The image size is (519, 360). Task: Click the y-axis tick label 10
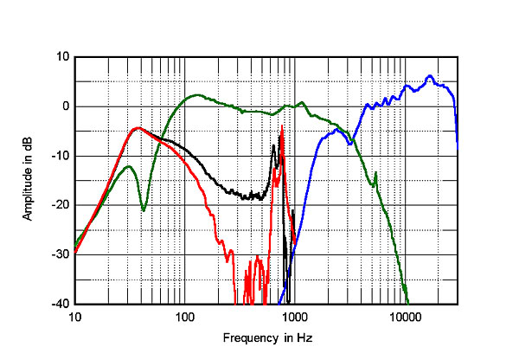[x=63, y=57]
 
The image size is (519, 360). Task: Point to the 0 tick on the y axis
[x=66, y=106]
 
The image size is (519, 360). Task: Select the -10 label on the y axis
[x=61, y=156]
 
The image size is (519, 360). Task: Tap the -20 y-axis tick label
[x=61, y=205]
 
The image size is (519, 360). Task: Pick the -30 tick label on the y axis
[x=61, y=254]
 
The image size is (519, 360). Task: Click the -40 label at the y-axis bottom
[x=61, y=304]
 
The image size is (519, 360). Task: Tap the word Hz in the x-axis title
[x=297, y=337]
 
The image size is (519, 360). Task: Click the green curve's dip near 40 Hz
[x=144, y=209]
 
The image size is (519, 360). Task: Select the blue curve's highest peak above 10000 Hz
[x=430, y=76]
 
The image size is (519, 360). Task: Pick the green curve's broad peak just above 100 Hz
[x=197, y=95]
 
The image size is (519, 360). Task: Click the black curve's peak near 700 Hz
[x=274, y=145]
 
